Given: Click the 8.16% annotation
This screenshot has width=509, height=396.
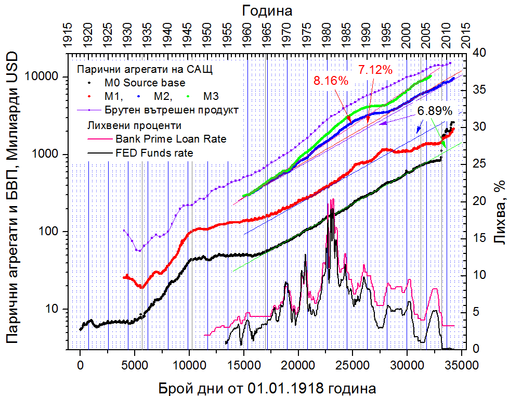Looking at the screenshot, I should click(330, 81).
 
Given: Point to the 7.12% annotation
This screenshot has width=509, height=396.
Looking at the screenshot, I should click(375, 70).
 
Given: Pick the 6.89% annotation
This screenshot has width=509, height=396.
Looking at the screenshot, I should click(435, 110).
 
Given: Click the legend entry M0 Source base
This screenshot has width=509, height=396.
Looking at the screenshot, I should click(145, 82).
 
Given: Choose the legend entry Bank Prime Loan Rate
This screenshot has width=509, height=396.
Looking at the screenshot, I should click(171, 139).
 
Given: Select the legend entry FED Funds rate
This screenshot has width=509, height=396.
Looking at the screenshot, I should click(154, 152).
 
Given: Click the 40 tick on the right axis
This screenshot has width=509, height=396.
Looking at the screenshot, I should click(477, 53).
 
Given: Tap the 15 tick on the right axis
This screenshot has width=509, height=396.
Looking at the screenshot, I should click(477, 238).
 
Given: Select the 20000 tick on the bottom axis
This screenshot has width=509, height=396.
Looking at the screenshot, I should click(298, 364).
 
